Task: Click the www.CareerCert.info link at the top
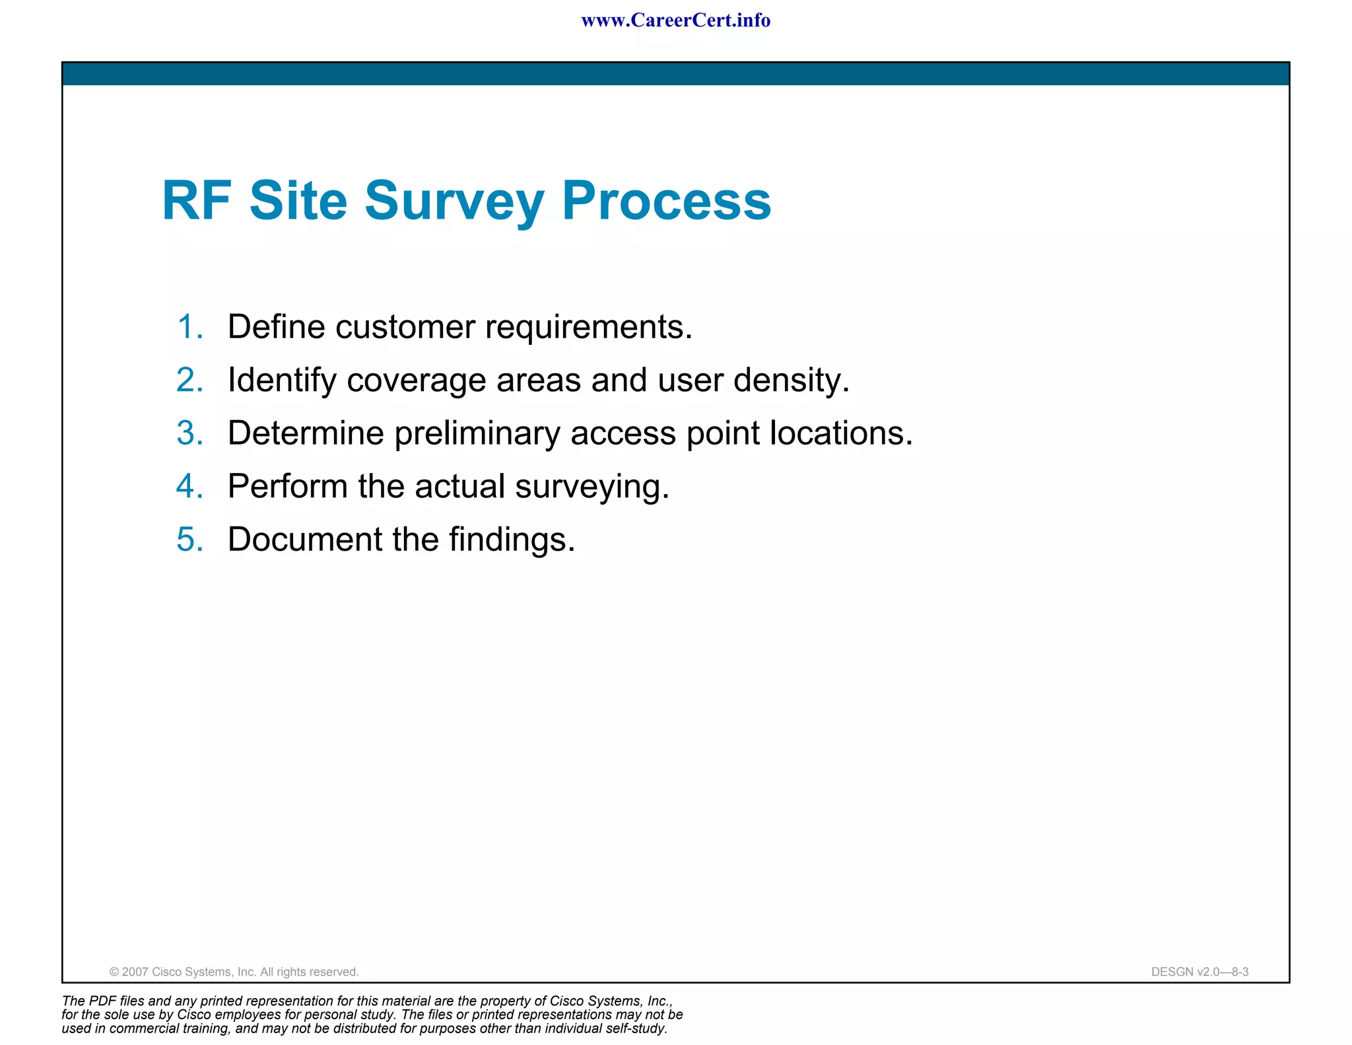675,20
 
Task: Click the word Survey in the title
454,201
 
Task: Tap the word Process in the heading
666,201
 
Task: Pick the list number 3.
189,433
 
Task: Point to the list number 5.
189,539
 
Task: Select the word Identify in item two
282,381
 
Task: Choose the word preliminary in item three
477,434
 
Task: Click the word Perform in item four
287,486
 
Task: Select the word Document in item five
304,539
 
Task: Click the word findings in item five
512,540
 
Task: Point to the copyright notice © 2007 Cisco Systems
234,972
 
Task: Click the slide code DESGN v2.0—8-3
1200,972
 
